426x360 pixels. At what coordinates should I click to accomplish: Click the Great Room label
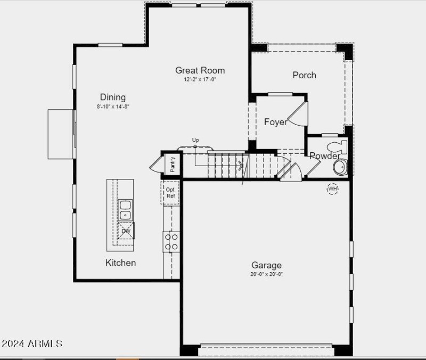[x=200, y=70]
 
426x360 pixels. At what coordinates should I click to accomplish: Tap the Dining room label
[x=113, y=97]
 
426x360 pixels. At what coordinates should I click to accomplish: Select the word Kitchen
[x=120, y=263]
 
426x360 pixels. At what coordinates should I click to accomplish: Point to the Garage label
[x=267, y=265]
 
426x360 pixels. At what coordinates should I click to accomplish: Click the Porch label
[x=304, y=75]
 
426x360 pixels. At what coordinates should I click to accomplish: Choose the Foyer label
[x=275, y=122]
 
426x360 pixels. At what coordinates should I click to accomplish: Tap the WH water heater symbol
[x=333, y=189]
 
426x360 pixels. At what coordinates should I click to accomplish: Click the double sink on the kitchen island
[x=126, y=210]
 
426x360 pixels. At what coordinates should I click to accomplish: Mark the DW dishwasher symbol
[x=126, y=231]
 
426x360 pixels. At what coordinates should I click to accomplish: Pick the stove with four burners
[x=171, y=241]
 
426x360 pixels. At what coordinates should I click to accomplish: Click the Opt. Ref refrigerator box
[x=171, y=193]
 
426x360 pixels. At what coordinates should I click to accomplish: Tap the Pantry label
[x=173, y=164]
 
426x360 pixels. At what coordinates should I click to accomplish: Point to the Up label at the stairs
[x=195, y=140]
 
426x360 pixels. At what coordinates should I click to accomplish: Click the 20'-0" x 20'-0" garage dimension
[x=267, y=275]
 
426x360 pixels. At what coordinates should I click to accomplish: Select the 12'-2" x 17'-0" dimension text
[x=200, y=80]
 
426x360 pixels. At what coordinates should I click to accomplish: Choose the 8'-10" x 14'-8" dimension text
[x=113, y=107]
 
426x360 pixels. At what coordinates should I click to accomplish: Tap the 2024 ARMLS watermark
[x=32, y=343]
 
